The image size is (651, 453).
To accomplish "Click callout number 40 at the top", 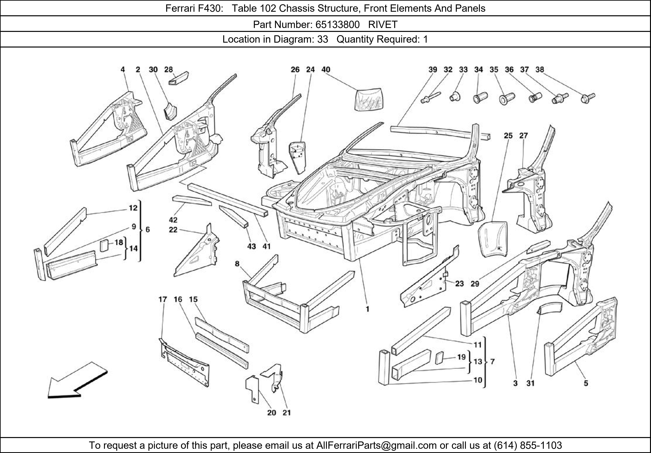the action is [326, 69].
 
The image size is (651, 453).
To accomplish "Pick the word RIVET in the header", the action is [383, 25].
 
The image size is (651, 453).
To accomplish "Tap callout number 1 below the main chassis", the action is [367, 309].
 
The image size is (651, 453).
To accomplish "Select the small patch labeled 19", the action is [439, 358].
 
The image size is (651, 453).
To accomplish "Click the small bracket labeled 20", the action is [252, 388].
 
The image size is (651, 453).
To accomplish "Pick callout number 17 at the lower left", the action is [163, 299].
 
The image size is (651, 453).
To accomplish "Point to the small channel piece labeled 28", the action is [179, 77].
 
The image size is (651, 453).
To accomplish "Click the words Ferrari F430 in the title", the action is [192, 8].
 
